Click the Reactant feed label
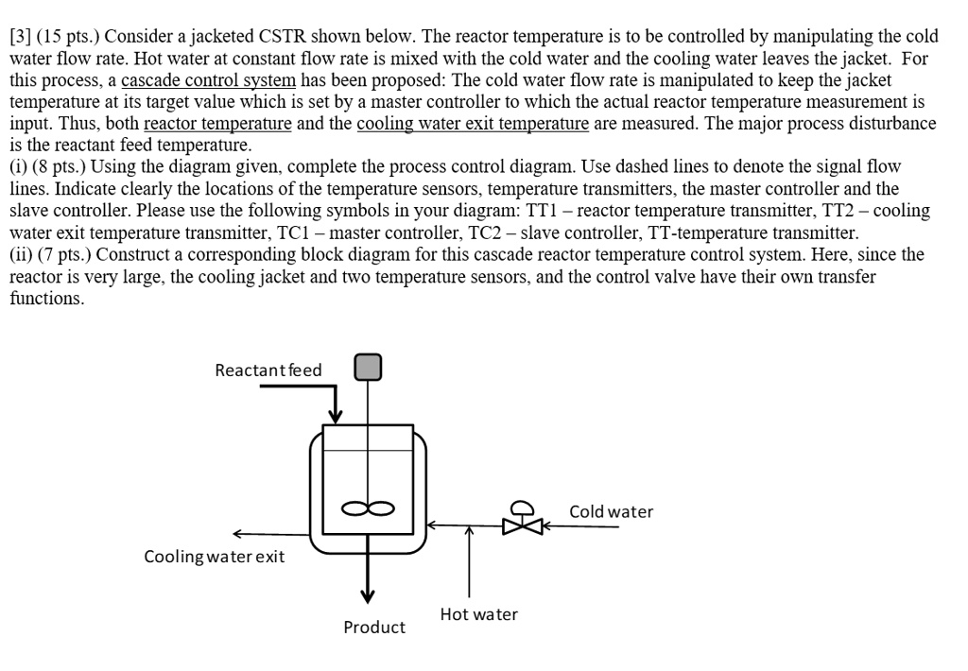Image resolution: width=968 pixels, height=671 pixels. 268,370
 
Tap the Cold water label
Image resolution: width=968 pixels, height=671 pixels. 611,511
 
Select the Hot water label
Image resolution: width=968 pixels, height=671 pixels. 478,614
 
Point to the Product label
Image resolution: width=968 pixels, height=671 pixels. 374,627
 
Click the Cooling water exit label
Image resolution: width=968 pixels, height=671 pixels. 214,557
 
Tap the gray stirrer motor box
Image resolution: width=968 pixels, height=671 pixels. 368,367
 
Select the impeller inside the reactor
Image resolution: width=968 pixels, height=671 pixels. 368,509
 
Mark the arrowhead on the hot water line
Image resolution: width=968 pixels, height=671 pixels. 468,532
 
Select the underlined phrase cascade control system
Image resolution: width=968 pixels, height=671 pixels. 208,80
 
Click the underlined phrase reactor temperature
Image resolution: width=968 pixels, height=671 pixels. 217,124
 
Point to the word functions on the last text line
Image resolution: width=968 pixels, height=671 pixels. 46,298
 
